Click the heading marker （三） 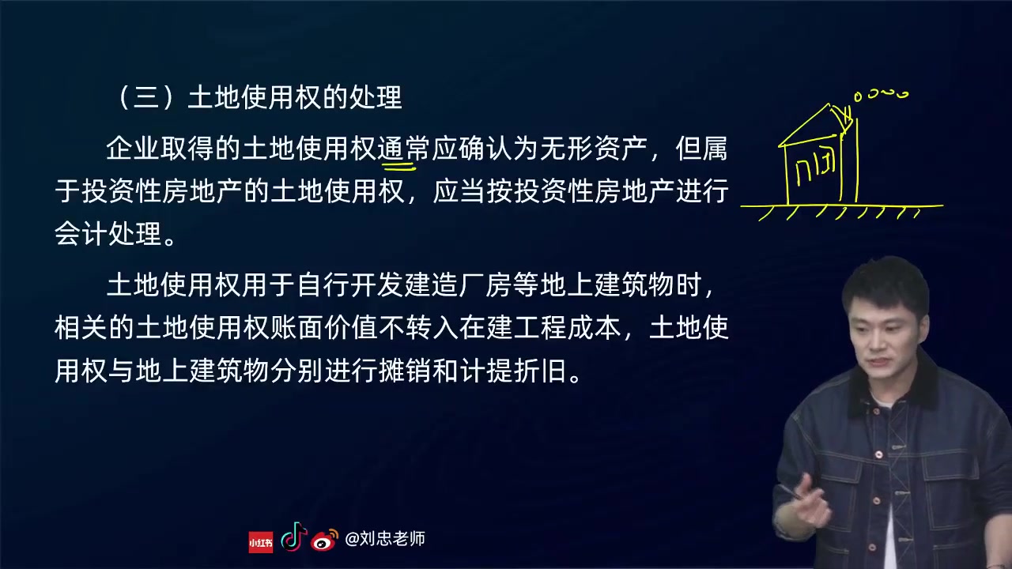click(x=146, y=98)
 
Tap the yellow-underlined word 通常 click(x=402, y=149)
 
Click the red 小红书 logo click(x=260, y=541)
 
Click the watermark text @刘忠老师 click(x=386, y=539)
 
